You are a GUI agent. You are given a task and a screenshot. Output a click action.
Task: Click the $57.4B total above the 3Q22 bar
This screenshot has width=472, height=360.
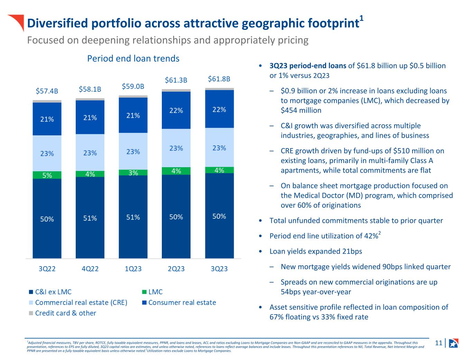click(47, 91)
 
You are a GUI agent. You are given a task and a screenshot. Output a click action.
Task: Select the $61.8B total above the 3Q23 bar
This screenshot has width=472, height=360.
click(219, 79)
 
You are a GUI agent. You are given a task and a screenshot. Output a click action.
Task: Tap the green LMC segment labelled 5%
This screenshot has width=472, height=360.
click(47, 175)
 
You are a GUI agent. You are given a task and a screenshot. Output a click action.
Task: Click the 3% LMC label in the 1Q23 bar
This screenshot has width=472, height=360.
click(133, 173)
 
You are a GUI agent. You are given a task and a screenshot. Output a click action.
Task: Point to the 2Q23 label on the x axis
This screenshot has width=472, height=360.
click(176, 269)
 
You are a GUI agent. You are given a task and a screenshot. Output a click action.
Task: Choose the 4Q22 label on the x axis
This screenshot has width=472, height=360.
click(90, 269)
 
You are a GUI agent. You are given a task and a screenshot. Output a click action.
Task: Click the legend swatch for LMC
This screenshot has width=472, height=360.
click(145, 292)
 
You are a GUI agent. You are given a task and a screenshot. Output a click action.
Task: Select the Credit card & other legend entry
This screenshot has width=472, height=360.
click(65, 313)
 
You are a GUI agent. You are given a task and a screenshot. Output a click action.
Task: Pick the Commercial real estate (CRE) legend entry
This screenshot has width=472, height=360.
click(81, 303)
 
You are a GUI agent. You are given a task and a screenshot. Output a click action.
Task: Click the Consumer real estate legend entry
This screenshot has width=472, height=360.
click(182, 303)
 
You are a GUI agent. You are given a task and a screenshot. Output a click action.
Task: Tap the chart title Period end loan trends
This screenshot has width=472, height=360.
click(133, 58)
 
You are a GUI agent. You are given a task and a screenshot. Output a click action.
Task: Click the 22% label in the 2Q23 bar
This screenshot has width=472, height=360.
click(176, 110)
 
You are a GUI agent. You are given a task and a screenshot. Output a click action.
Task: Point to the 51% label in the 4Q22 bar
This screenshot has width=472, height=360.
click(90, 218)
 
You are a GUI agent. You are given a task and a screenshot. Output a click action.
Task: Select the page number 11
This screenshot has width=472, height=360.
click(439, 343)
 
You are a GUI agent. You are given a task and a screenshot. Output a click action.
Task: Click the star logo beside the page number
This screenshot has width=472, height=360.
click(453, 343)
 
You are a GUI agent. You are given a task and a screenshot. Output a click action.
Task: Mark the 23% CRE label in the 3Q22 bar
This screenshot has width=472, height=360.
click(47, 153)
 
